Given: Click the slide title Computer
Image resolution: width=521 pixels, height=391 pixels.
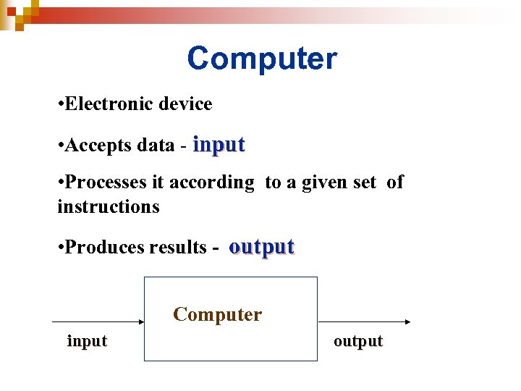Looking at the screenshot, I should point(261,59).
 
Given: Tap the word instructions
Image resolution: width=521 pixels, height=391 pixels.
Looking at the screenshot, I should point(109,207).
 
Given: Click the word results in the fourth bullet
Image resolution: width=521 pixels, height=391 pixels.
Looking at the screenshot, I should point(177,248).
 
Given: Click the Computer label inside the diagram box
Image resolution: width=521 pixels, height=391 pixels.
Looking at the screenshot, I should point(217,315).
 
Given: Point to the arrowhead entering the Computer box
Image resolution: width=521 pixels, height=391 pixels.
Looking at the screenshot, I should point(140,321).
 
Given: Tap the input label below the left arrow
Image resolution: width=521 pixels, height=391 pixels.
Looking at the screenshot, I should point(87,341).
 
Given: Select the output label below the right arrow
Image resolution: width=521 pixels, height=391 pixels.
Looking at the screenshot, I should point(358,341).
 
